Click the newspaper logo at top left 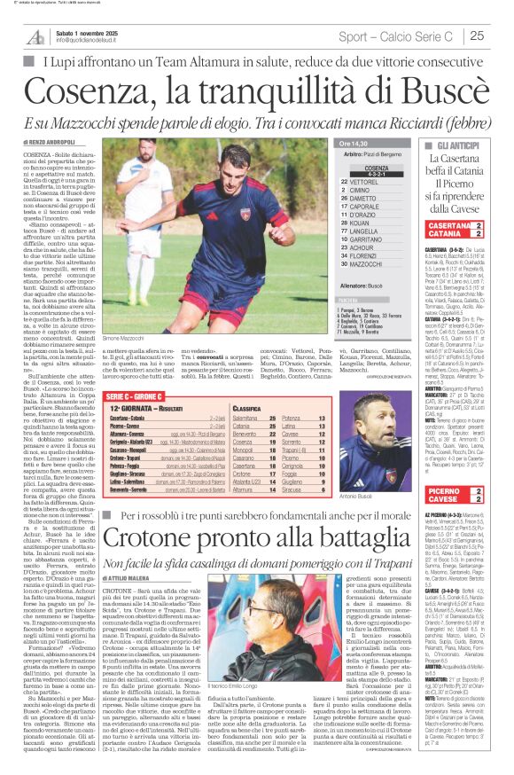click(35, 35)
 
